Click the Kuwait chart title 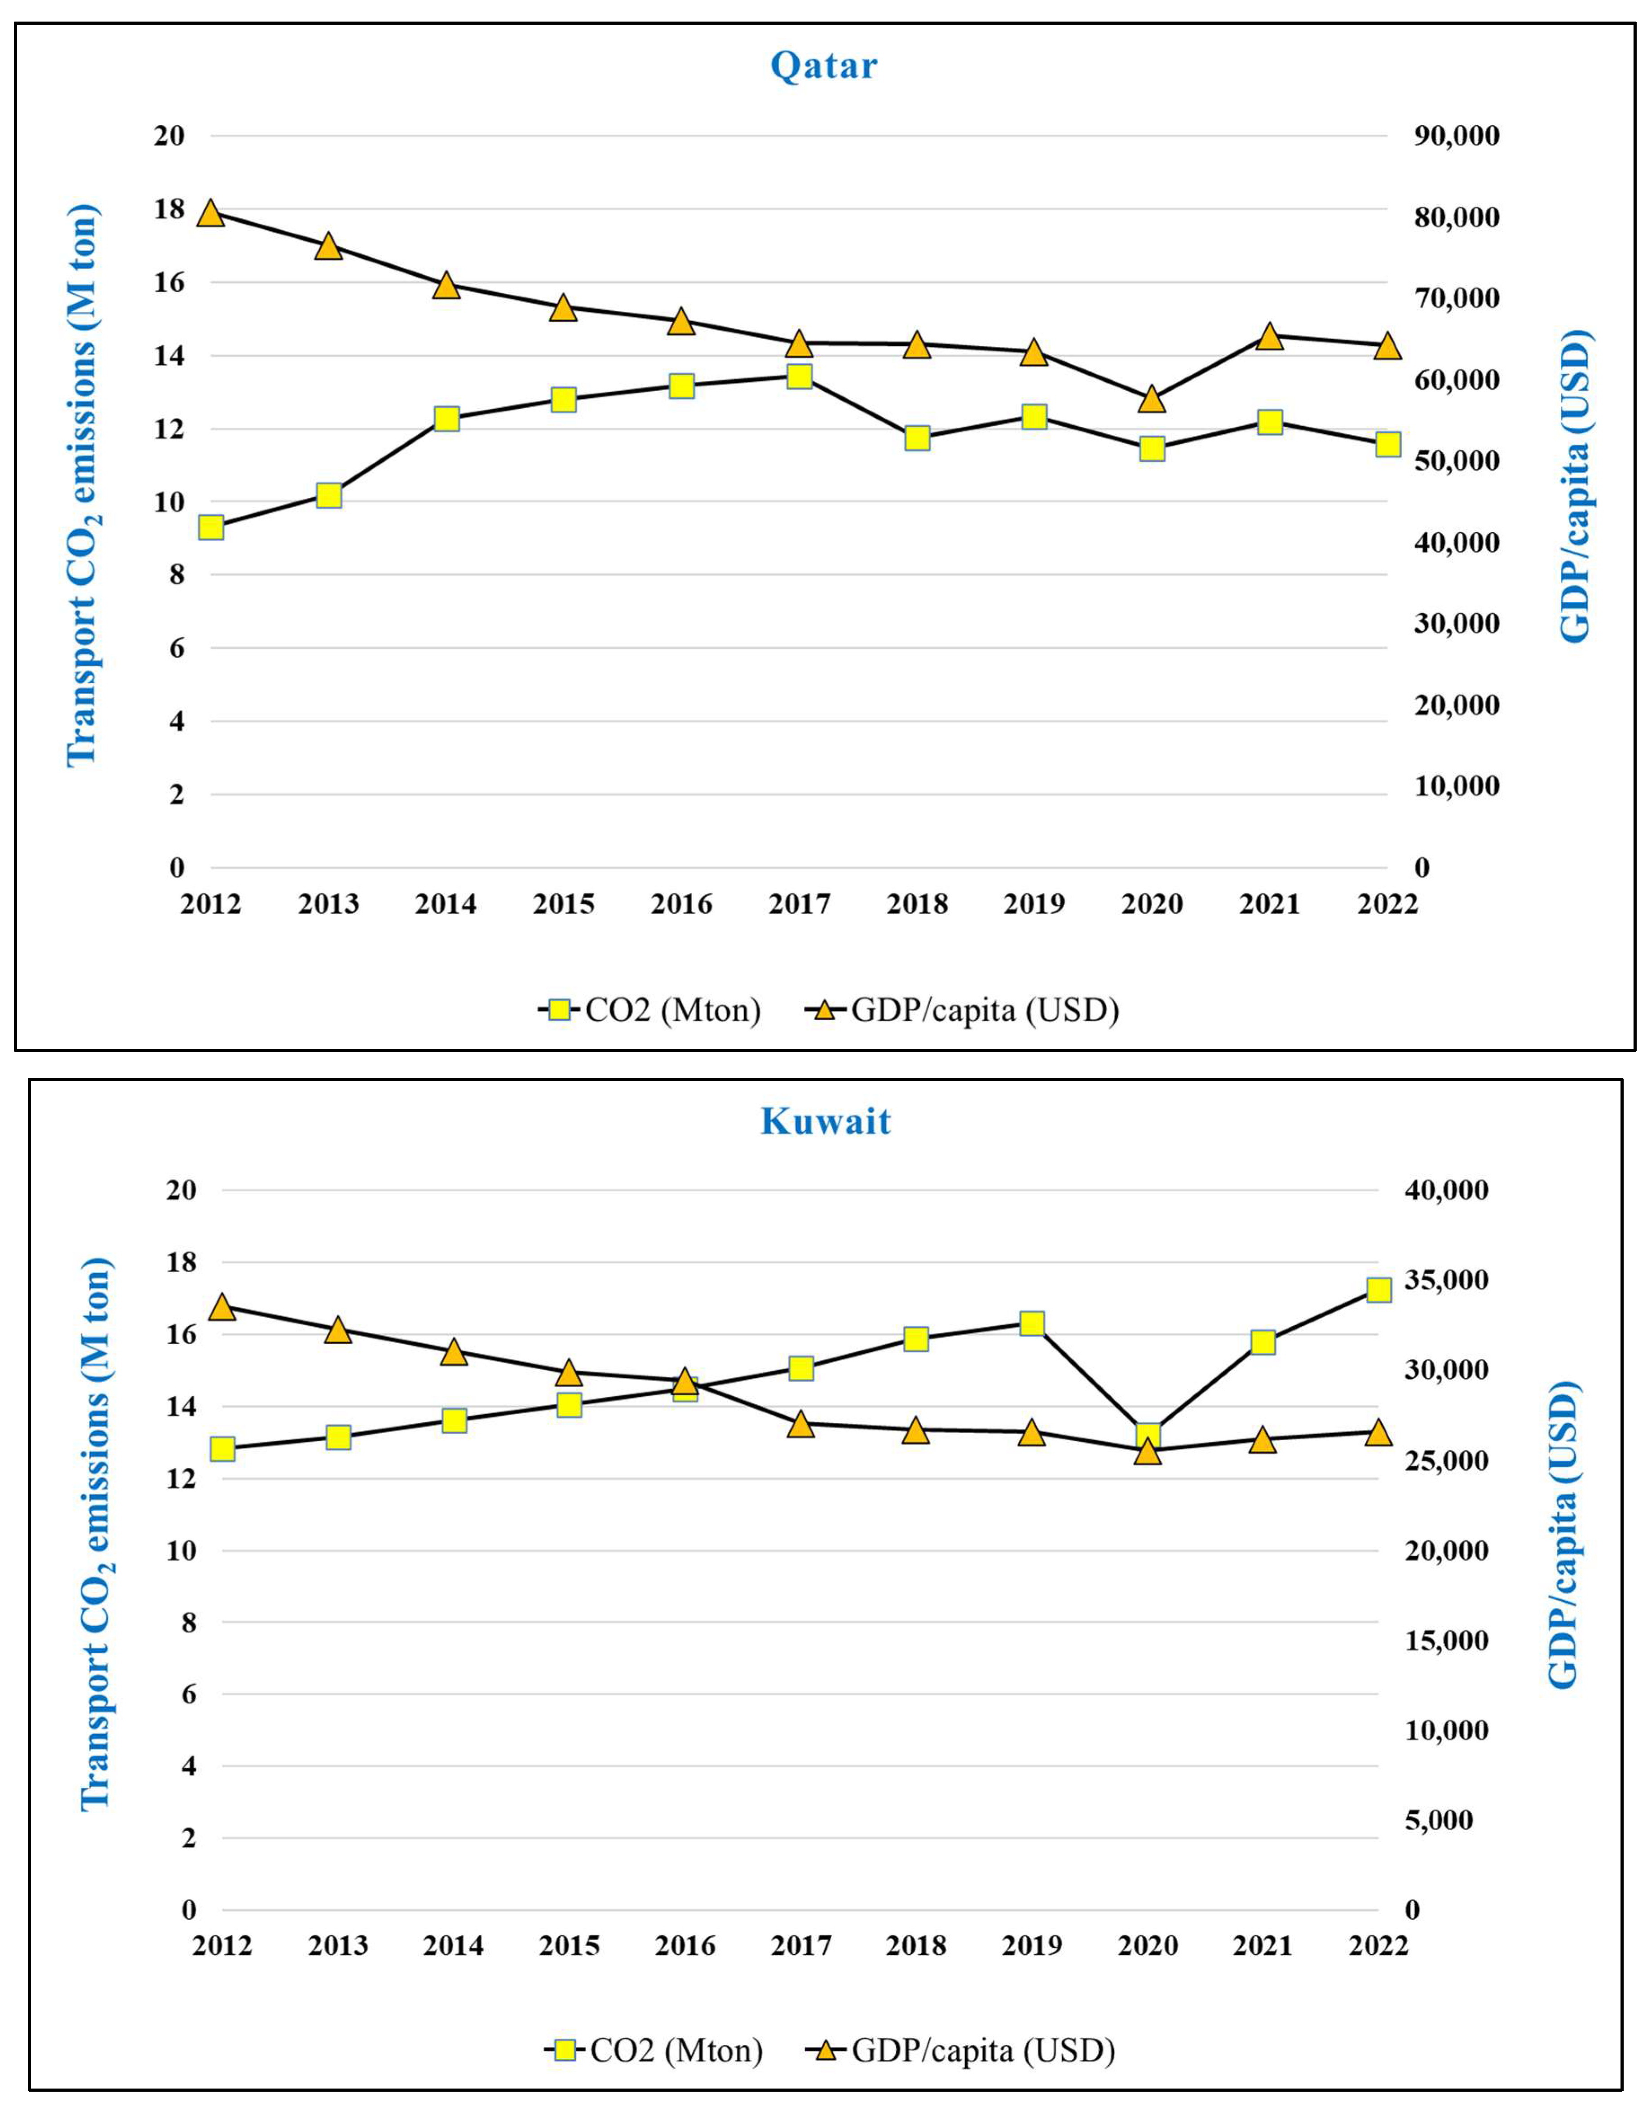[x=826, y=1121]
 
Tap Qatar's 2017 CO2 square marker [x=799, y=376]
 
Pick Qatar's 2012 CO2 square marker [x=212, y=527]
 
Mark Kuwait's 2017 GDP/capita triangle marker [x=800, y=1424]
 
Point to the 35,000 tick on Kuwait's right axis [x=1447, y=1280]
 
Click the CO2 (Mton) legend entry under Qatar [x=650, y=1010]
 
